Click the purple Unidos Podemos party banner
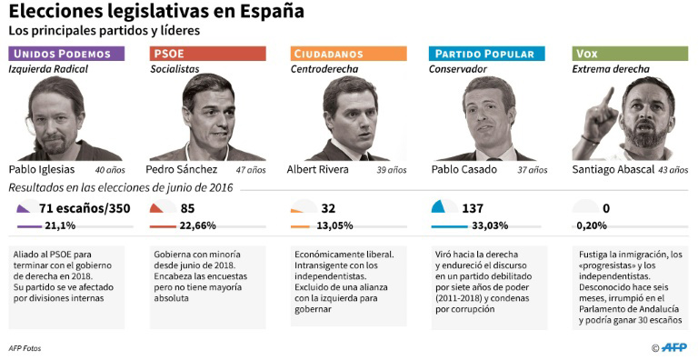click(x=66, y=54)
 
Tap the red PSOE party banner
click(x=207, y=54)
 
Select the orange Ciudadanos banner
click(x=349, y=54)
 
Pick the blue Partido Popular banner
click(x=487, y=54)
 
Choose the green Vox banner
click(x=630, y=54)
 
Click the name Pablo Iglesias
click(x=42, y=169)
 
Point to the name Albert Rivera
click(x=317, y=169)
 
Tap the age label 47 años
click(x=251, y=170)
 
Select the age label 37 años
click(x=533, y=170)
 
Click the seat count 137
click(x=473, y=208)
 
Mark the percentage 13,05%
click(x=334, y=225)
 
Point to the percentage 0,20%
click(x=592, y=225)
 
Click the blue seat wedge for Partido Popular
click(x=438, y=207)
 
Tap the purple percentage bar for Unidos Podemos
click(x=29, y=226)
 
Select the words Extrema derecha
click(x=611, y=69)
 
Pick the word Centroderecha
click(x=324, y=69)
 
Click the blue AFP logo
click(x=674, y=347)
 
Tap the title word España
click(x=273, y=11)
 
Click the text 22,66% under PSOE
click(x=197, y=225)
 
